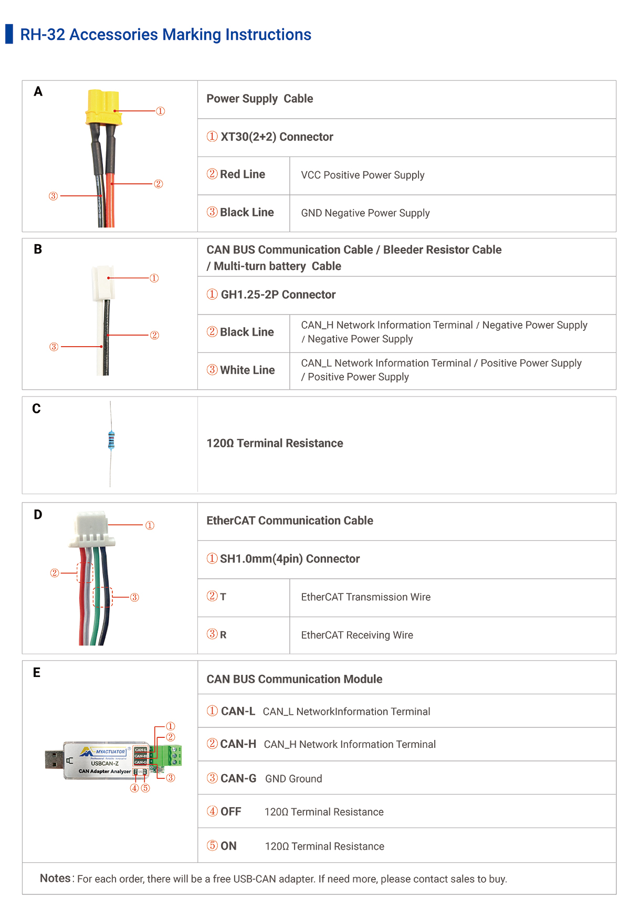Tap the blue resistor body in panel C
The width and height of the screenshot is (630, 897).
coord(111,440)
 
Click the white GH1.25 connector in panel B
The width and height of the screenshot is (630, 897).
coord(103,283)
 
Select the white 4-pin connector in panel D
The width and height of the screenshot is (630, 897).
coord(91,529)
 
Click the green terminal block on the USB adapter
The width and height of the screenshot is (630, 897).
coord(172,755)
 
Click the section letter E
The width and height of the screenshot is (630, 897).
coord(37,673)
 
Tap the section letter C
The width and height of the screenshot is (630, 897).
coord(36,409)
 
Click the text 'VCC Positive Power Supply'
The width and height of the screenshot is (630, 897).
coord(362,175)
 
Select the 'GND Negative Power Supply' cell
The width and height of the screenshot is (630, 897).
coord(365,213)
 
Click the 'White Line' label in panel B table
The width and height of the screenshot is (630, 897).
coord(247,370)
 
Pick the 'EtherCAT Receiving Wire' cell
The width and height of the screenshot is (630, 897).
coord(357,635)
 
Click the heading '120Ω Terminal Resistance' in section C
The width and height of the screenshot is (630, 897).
coord(275,443)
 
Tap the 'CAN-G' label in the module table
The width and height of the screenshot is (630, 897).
coord(238,778)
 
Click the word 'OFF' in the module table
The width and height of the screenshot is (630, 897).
coord(230,812)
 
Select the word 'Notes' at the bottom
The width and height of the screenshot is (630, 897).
coord(55,878)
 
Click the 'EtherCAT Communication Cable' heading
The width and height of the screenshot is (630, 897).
coord(289,520)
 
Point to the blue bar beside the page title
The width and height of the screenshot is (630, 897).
coord(9,34)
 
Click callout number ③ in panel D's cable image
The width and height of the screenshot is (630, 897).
coord(134,597)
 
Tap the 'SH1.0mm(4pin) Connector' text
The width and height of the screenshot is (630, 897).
coord(289,559)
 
